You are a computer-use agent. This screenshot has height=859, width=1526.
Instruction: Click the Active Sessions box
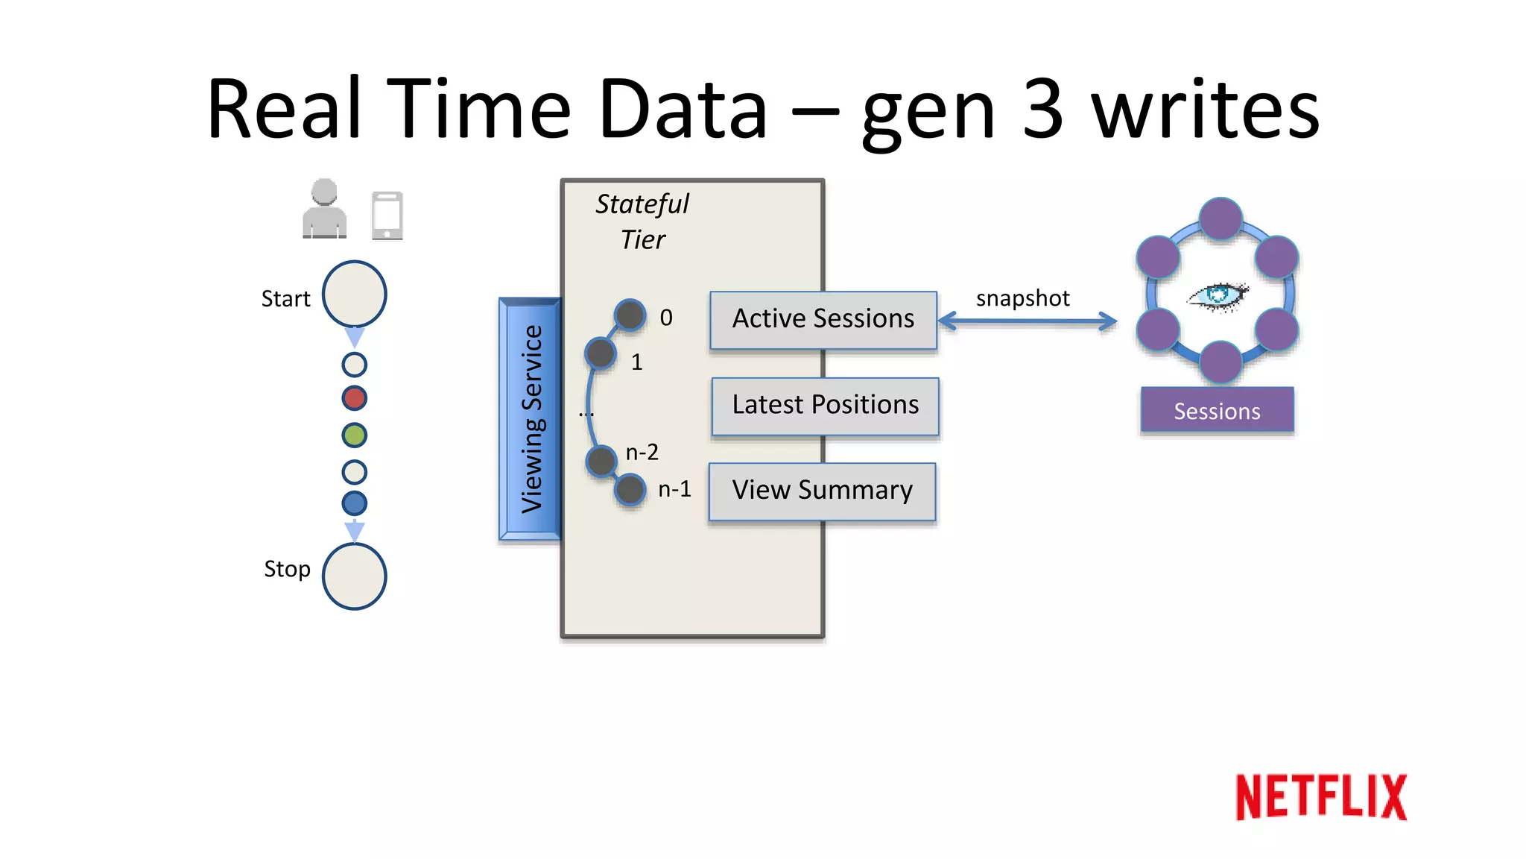point(823,319)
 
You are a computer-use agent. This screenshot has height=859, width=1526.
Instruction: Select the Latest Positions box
point(825,406)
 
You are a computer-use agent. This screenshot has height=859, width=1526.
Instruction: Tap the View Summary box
point(822,491)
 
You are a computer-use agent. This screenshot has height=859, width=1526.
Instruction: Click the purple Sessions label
point(1217,410)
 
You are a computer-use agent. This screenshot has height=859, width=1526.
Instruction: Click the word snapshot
point(1022,298)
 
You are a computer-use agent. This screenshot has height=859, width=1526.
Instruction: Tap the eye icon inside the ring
point(1218,296)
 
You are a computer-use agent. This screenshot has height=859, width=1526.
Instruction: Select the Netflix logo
point(1320,797)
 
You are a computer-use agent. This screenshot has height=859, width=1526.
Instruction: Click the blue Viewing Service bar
point(530,419)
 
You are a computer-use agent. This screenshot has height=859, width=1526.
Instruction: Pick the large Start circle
point(354,294)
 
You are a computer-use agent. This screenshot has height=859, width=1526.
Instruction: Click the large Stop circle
point(354,576)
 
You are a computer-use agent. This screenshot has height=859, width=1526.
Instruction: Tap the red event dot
point(354,398)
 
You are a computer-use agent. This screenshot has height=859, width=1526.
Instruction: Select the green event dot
point(354,435)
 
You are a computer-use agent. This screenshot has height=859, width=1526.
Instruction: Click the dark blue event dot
point(354,503)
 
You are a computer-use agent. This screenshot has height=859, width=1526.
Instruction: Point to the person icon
point(324,209)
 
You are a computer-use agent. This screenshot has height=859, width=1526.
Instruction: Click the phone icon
point(387,215)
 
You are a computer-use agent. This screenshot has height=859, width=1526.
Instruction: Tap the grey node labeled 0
point(630,315)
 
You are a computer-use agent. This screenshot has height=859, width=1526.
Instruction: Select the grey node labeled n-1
point(630,490)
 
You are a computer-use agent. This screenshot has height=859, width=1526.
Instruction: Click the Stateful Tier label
point(642,221)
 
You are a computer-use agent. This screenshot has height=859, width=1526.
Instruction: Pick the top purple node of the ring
point(1221,218)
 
